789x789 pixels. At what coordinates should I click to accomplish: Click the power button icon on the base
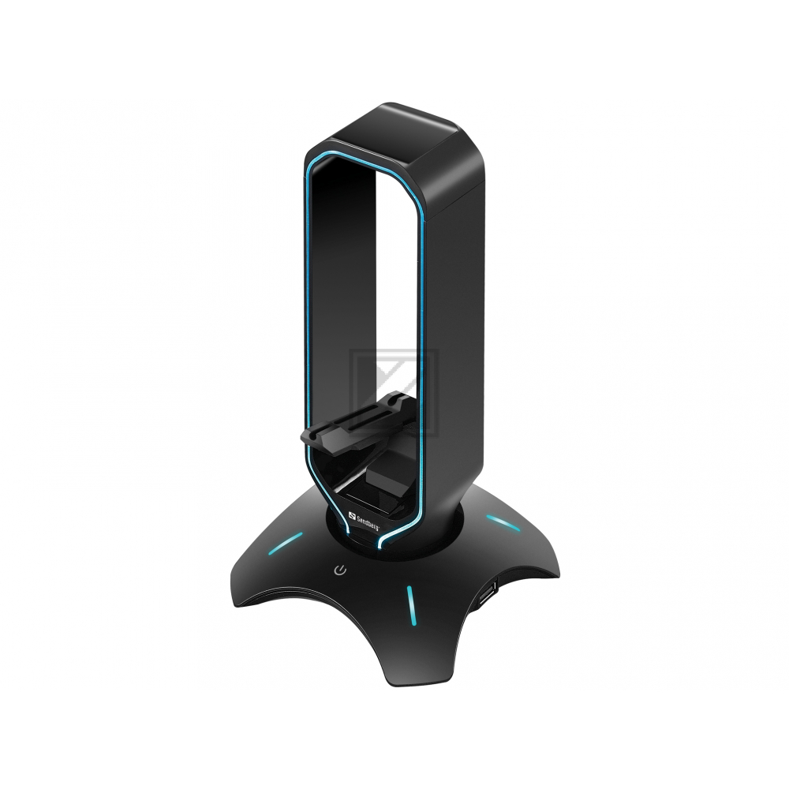tap(340, 569)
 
